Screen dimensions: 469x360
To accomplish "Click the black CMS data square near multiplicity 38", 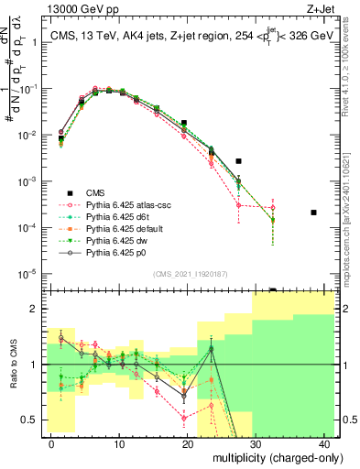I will click(313, 213).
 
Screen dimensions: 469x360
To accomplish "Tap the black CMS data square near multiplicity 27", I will click(238, 161).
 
